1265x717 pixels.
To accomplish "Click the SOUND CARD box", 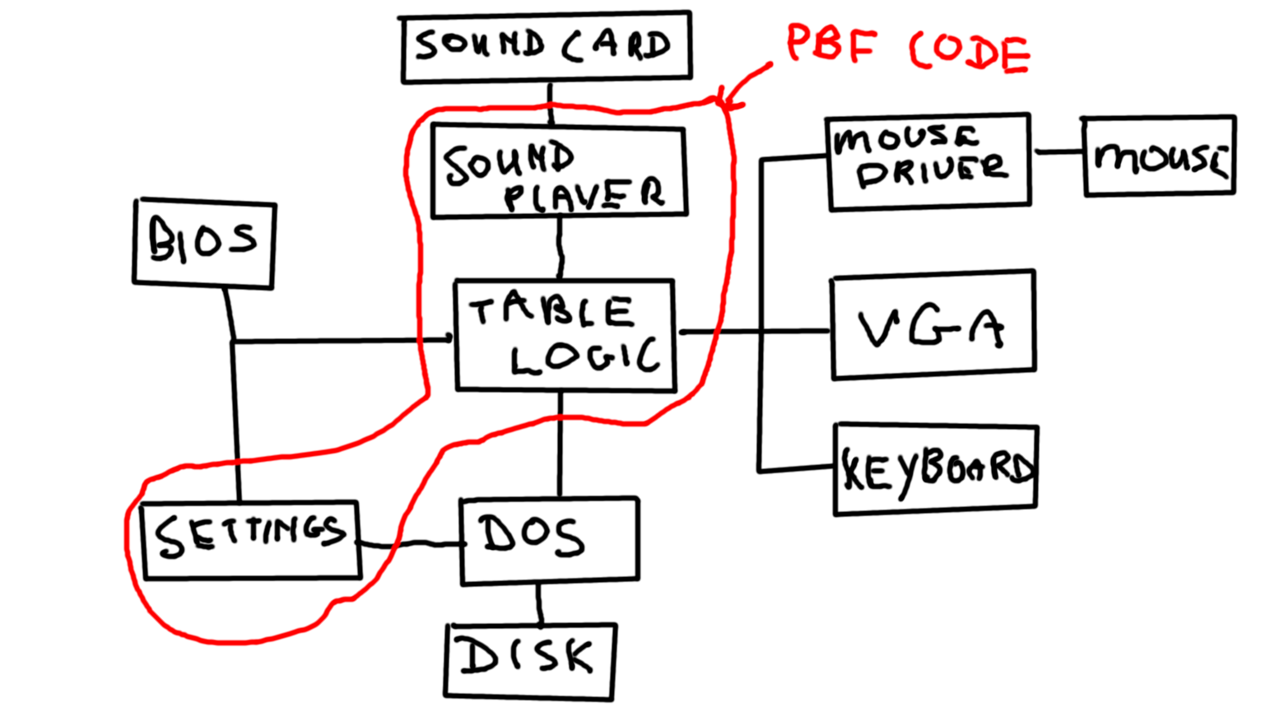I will [546, 47].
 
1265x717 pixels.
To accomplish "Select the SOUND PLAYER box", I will [558, 171].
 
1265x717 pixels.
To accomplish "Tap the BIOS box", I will [204, 243].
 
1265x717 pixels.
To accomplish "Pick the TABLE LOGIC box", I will [565, 334].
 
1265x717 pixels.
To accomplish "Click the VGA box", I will [932, 324].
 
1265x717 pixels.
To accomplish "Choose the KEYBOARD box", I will [936, 470].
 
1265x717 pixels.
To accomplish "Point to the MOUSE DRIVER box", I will [928, 161].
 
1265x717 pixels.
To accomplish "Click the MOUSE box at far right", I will [1159, 156].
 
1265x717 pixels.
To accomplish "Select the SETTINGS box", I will [250, 540].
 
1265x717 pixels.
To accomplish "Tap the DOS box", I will [549, 540].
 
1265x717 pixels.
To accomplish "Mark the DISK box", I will [530, 661].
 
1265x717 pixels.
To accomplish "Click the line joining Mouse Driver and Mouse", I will [1057, 152].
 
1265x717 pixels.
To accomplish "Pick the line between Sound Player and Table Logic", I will [560, 247].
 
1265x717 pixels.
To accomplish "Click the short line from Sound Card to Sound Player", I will [551, 102].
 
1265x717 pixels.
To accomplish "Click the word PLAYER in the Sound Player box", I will [584, 194].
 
